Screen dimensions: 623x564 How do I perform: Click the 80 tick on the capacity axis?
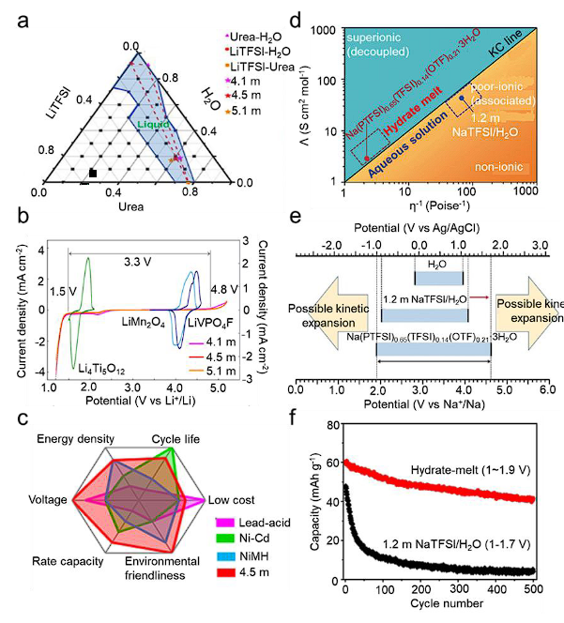coord(331,425)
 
